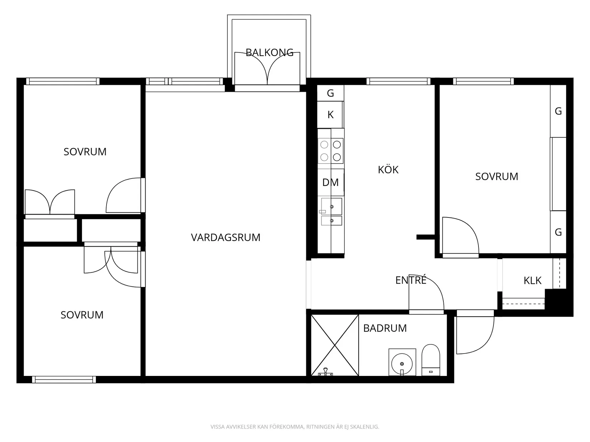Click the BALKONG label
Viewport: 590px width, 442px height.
[269, 52]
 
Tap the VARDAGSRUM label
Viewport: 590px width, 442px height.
[226, 237]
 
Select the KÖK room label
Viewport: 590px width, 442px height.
[388, 170]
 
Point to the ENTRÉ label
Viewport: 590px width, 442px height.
[411, 280]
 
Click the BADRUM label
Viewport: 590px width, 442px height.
[385, 328]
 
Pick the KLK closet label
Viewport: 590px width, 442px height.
[532, 280]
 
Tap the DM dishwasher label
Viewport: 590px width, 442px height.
[330, 182]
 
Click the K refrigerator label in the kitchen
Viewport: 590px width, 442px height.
[330, 115]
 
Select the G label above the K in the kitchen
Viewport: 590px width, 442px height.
[330, 93]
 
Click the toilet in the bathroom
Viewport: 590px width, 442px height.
[431, 360]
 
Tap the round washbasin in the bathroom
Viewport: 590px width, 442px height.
[402, 364]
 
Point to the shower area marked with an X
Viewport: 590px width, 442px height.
[335, 345]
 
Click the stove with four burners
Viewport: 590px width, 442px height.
[331, 151]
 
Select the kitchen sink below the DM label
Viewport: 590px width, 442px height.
[331, 211]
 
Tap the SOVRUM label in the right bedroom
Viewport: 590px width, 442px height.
[496, 177]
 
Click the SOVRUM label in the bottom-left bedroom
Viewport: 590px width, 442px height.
[82, 315]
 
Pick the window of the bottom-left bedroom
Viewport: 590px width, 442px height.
[64, 379]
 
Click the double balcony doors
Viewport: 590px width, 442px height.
[267, 69]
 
